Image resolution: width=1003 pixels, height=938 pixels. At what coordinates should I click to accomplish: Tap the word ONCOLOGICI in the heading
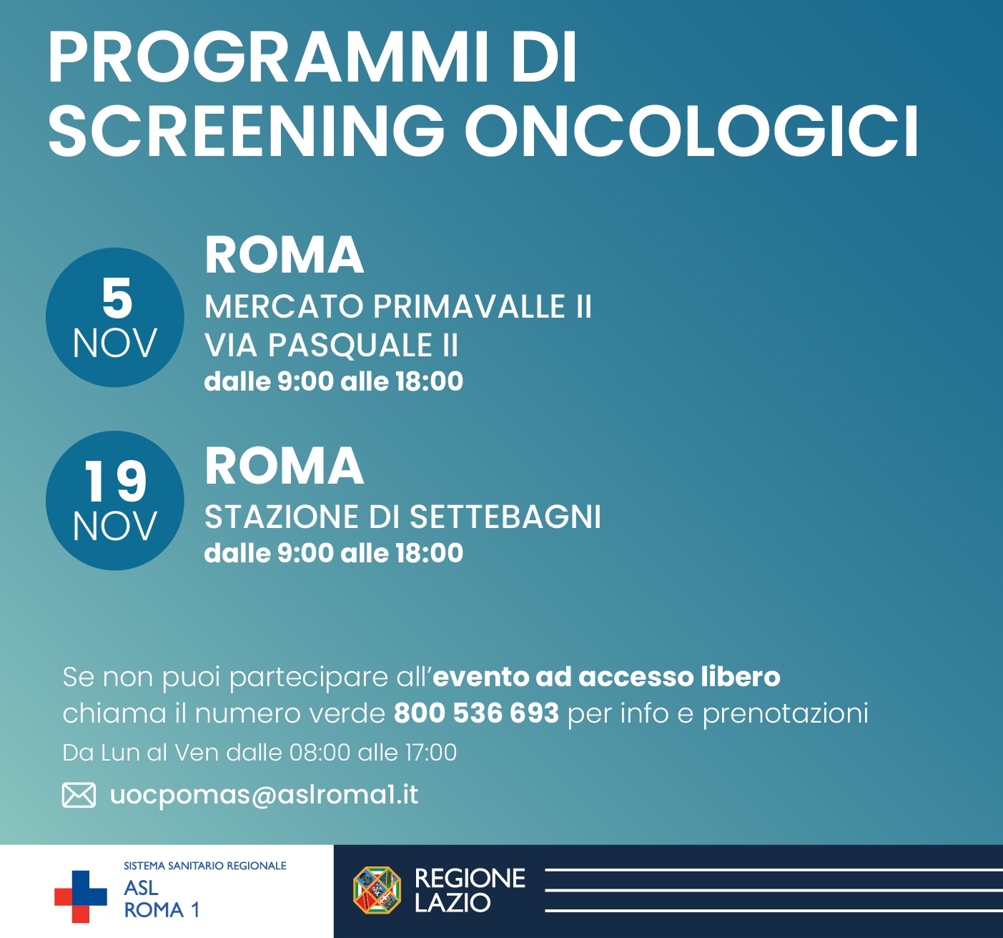(x=691, y=132)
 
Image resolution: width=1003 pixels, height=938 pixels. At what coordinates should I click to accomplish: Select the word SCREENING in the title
(x=246, y=132)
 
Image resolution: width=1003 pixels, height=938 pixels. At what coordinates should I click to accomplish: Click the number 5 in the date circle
(x=117, y=298)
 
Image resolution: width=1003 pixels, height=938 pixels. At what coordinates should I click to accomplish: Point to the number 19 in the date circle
(x=115, y=482)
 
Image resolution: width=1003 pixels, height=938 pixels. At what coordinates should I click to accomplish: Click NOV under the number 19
(x=115, y=527)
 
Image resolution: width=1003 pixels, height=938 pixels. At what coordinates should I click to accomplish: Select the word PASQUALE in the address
(x=350, y=346)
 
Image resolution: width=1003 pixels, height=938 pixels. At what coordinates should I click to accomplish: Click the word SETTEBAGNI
(x=505, y=517)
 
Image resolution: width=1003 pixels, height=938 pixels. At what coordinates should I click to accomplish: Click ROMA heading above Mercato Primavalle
(x=284, y=255)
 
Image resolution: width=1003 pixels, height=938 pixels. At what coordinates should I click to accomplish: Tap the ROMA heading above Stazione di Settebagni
(x=284, y=466)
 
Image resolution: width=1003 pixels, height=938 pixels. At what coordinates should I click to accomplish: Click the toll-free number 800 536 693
(x=476, y=713)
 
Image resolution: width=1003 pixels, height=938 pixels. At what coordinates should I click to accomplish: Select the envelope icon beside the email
(x=79, y=795)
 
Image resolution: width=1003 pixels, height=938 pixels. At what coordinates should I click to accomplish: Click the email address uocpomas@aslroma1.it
(x=264, y=795)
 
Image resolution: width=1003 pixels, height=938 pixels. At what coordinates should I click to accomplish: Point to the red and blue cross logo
(x=80, y=897)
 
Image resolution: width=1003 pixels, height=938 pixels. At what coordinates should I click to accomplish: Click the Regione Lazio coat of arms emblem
(x=377, y=890)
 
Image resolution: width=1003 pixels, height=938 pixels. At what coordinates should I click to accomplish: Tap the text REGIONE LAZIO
(x=470, y=890)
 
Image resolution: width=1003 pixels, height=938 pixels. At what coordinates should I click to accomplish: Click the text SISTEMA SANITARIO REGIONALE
(x=205, y=866)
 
